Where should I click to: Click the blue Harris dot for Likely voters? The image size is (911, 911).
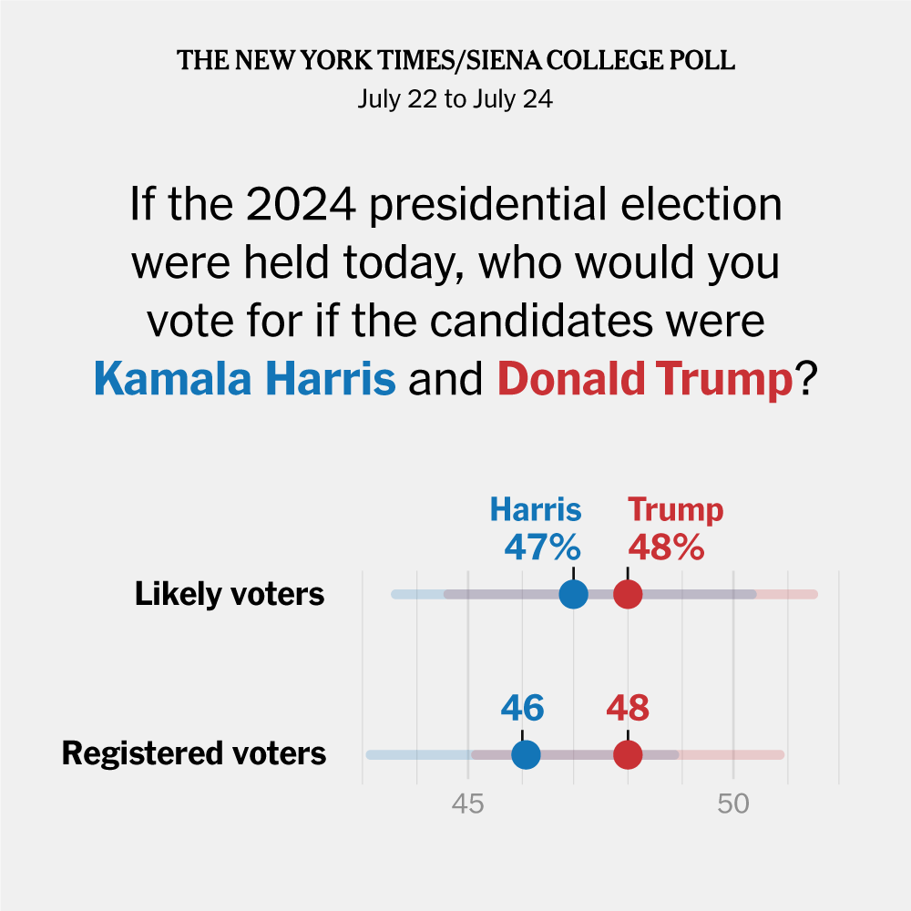point(574,595)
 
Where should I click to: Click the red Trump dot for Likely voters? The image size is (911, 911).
point(628,595)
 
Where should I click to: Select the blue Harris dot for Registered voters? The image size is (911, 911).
point(526,755)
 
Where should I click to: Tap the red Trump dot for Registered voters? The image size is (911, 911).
point(628,755)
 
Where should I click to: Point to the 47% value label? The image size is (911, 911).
point(542,548)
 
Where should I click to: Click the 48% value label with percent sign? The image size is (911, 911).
point(666,548)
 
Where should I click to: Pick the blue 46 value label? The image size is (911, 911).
point(523,708)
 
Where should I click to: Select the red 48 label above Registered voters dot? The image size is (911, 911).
point(629,708)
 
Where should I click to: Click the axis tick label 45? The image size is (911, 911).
point(468,804)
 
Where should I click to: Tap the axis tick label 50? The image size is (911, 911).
point(733,804)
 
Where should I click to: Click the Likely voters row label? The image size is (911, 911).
point(230,595)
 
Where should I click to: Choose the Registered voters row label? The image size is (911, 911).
point(194,754)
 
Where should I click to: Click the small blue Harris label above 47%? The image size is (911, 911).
point(536,510)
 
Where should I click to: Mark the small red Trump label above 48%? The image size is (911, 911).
point(676,510)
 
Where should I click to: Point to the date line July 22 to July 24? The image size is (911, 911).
point(455,98)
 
